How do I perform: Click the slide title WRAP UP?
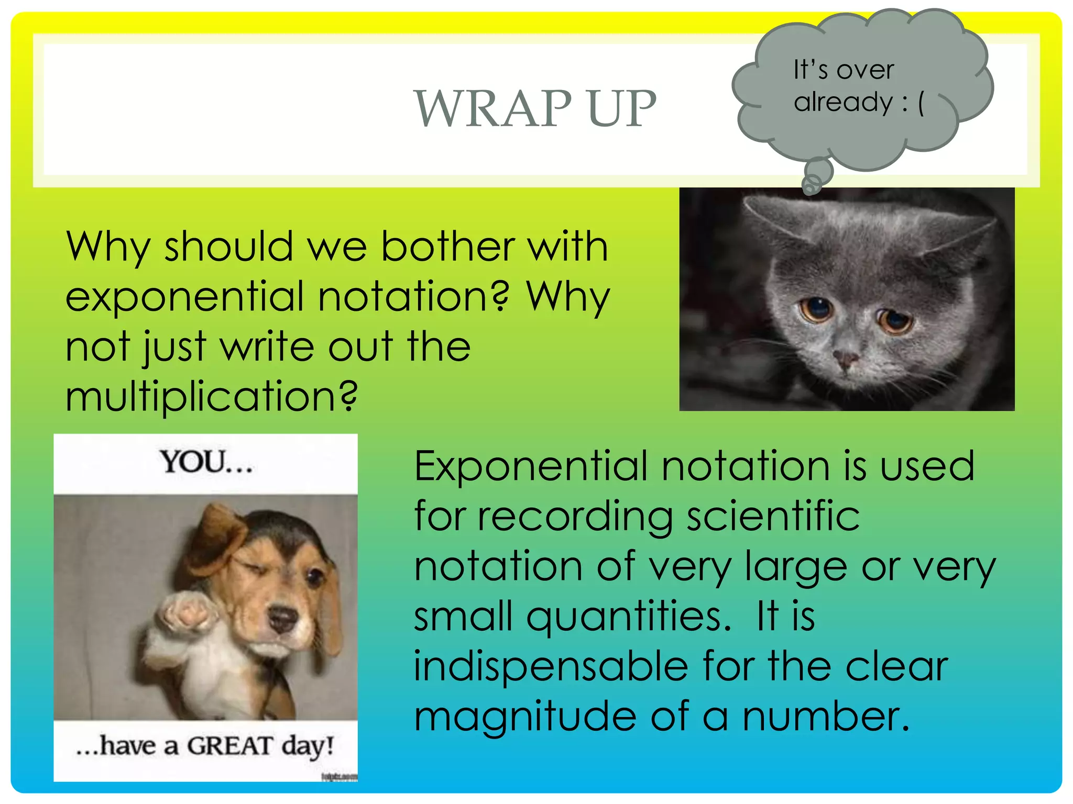(535, 108)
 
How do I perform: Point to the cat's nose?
(845, 359)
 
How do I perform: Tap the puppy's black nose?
(282, 618)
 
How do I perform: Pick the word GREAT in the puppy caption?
(229, 746)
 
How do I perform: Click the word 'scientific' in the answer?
(773, 516)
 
